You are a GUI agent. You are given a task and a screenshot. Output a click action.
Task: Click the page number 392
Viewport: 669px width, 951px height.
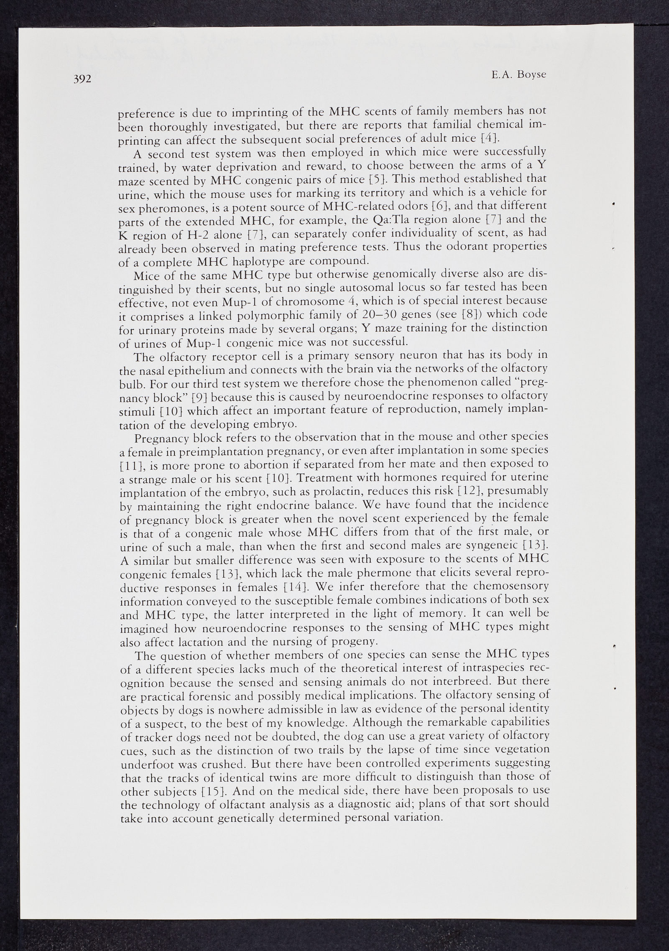[82, 80]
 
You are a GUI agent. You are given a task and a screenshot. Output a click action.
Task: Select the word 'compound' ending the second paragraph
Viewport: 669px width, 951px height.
[343, 261]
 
